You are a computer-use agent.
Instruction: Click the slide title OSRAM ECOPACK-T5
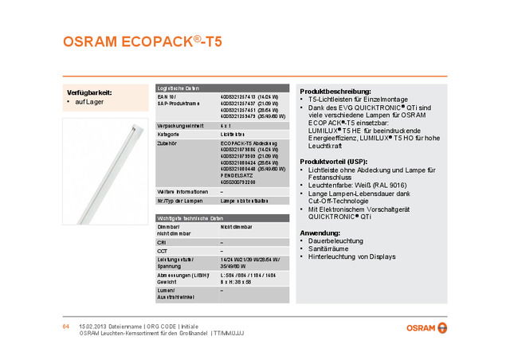point(142,42)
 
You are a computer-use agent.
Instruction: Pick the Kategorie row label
point(169,135)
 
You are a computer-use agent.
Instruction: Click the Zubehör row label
point(168,143)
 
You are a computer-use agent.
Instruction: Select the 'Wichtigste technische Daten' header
point(188,217)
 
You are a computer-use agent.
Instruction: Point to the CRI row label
point(163,242)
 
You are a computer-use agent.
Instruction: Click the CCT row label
point(163,251)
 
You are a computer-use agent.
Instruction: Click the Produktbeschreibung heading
point(335,92)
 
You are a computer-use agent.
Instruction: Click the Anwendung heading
point(320,232)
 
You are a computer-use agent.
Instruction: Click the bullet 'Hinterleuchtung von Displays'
point(351,257)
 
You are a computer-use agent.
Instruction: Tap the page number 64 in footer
point(67,327)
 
